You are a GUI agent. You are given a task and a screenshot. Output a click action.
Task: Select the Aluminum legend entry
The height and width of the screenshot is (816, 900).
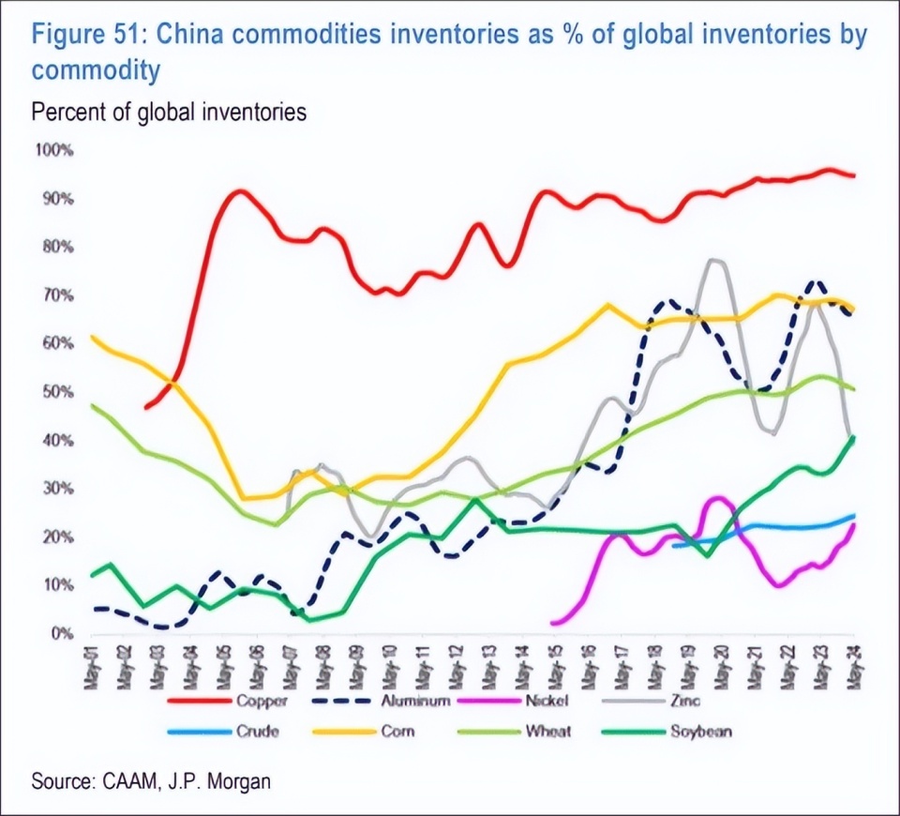pyautogui.click(x=417, y=700)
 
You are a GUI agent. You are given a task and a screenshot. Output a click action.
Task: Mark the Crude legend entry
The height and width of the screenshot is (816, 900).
pyautogui.click(x=255, y=731)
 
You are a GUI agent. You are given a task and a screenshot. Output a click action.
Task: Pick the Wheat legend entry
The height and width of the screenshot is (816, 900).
pyautogui.click(x=548, y=731)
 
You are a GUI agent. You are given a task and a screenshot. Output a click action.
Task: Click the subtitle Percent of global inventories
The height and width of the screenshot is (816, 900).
pyautogui.click(x=169, y=113)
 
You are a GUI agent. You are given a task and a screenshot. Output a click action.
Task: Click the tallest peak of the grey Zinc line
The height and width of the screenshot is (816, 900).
pyautogui.click(x=715, y=260)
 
